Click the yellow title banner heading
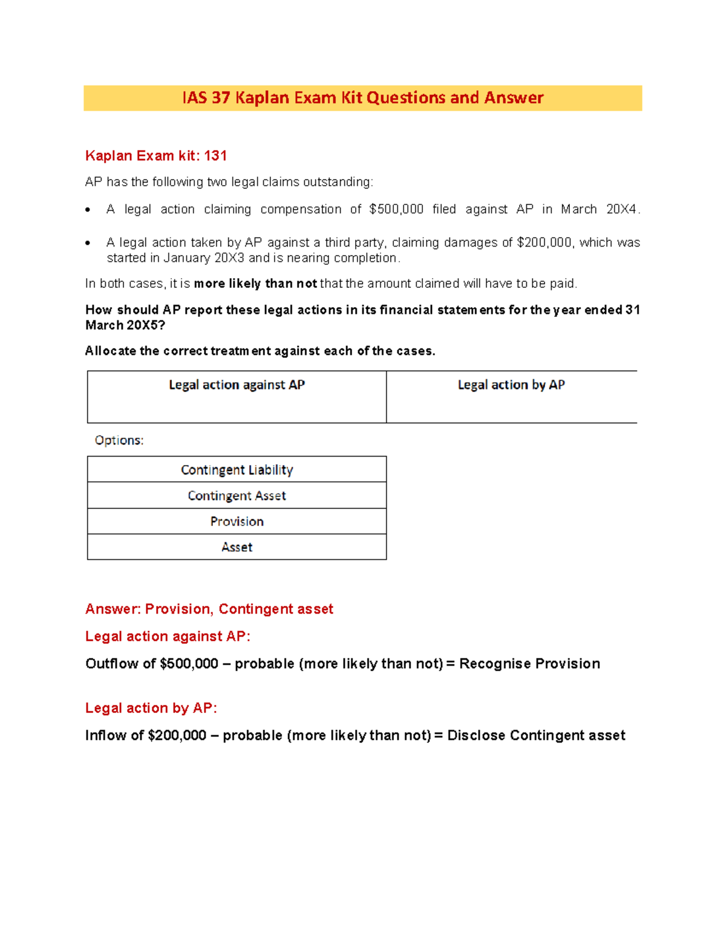tap(362, 98)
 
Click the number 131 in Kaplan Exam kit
tap(215, 156)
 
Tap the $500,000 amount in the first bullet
tap(396, 209)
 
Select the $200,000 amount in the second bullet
tap(544, 242)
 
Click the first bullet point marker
tap(88, 210)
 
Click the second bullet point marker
tap(88, 243)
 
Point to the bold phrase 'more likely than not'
tap(255, 284)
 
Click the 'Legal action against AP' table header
tap(237, 385)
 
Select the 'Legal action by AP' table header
tap(511, 385)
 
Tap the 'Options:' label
tap(119, 440)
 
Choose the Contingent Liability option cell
tap(237, 470)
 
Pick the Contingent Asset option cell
tap(237, 496)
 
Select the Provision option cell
tap(237, 521)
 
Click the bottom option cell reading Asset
tap(237, 547)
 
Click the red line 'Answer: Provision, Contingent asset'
tap(209, 609)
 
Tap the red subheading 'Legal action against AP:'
tap(168, 636)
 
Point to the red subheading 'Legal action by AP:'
tap(151, 708)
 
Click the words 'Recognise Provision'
tap(529, 664)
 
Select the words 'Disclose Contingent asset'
tap(536, 736)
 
